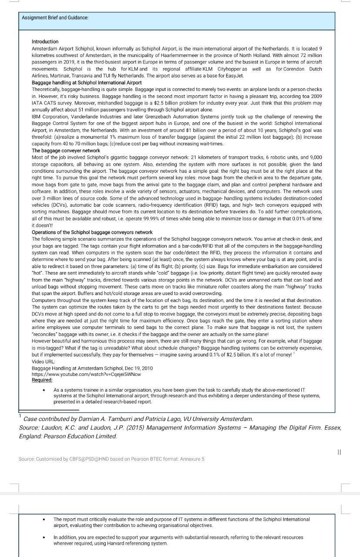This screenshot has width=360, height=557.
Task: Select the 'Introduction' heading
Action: (45, 42)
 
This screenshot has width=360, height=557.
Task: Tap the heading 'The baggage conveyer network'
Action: (66, 151)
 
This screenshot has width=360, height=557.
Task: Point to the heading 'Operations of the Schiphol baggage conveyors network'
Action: (92, 232)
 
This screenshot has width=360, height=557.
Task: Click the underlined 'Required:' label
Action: (42, 380)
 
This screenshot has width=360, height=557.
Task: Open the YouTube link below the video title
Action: (86, 374)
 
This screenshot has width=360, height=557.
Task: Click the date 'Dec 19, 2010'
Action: (138, 368)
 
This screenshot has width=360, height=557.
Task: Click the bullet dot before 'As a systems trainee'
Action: (44, 389)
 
